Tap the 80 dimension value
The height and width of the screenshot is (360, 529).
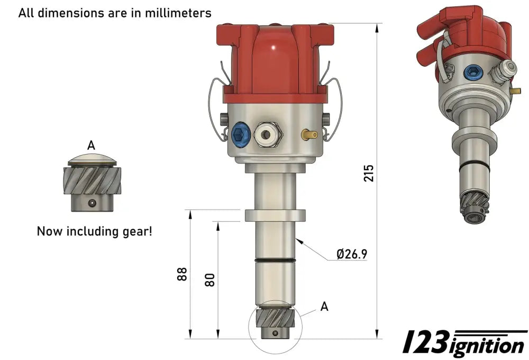[210, 279]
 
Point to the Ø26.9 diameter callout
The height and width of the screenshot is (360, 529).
[352, 254]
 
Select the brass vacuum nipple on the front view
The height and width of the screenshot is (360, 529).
[309, 134]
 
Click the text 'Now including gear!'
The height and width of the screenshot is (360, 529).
[94, 231]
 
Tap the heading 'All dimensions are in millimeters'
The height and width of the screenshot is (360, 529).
[115, 13]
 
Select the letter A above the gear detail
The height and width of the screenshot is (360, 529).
[91, 145]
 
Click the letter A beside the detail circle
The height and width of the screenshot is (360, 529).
[324, 306]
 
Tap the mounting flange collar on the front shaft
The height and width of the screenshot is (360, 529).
[275, 215]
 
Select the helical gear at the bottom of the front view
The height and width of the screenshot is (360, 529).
[275, 320]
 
